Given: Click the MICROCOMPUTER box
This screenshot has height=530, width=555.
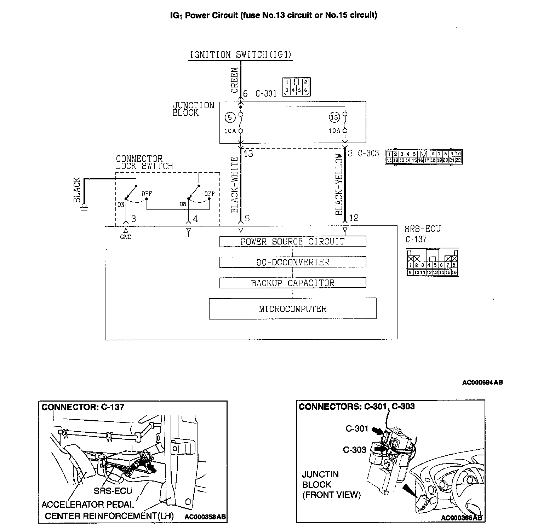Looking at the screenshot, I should [292, 309].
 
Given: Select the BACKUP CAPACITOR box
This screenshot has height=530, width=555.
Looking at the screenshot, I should [292, 283].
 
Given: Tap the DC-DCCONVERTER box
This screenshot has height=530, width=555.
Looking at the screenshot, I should [292, 262].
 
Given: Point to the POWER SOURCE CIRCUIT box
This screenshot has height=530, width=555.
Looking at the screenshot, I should [292, 242].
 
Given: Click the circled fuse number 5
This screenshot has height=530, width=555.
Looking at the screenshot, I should [230, 117].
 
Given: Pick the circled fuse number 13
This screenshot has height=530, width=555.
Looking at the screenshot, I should [334, 117].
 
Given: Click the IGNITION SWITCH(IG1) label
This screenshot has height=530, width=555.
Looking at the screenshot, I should [240, 55].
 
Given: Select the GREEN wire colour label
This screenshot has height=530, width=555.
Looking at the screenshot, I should [235, 80].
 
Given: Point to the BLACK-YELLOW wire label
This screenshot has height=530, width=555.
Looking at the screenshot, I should [339, 184].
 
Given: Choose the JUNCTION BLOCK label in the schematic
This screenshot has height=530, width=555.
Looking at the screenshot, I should [193, 109].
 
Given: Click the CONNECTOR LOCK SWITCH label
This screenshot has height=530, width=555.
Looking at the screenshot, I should [144, 162].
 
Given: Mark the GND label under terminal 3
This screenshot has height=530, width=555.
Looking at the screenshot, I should [126, 237].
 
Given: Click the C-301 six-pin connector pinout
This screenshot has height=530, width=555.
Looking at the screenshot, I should [296, 87].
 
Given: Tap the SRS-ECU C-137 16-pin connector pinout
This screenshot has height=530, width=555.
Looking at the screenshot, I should [433, 262].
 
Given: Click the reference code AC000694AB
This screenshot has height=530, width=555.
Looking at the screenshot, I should [482, 382].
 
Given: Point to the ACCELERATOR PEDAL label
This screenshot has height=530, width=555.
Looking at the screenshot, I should [88, 505].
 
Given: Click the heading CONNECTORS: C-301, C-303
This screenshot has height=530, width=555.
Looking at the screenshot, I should [356, 407].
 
